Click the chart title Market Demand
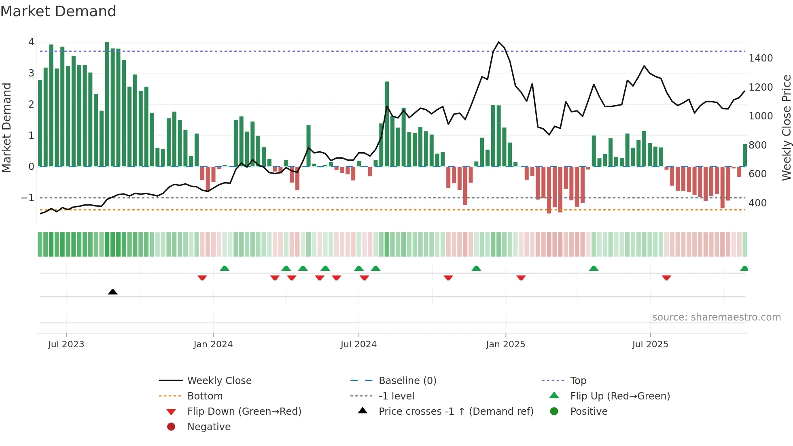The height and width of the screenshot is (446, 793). point(58,11)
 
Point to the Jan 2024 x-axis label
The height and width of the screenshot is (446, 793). point(213,344)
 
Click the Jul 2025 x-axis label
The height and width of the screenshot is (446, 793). point(650,344)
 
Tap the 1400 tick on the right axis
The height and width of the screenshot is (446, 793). point(760,58)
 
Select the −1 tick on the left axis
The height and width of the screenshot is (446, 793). point(28,198)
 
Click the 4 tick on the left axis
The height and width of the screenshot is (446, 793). point(31,42)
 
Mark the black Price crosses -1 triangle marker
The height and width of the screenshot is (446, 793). point(113,292)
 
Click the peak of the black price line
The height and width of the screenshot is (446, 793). point(498,42)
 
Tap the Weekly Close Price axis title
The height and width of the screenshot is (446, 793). point(786,127)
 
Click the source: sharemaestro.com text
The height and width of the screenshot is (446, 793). point(716,317)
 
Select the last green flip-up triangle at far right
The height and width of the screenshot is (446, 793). point(744,268)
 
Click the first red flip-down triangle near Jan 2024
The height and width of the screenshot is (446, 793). point(202,278)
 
